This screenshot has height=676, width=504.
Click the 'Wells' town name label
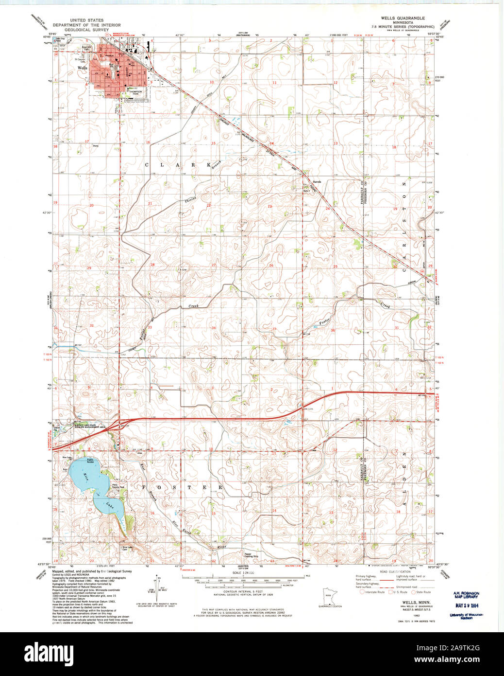coord(83,68)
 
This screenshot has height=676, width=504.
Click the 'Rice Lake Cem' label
coord(128,548)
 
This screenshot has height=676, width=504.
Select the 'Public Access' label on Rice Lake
coord(90,460)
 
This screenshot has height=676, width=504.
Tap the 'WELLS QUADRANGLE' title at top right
coord(403,18)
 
